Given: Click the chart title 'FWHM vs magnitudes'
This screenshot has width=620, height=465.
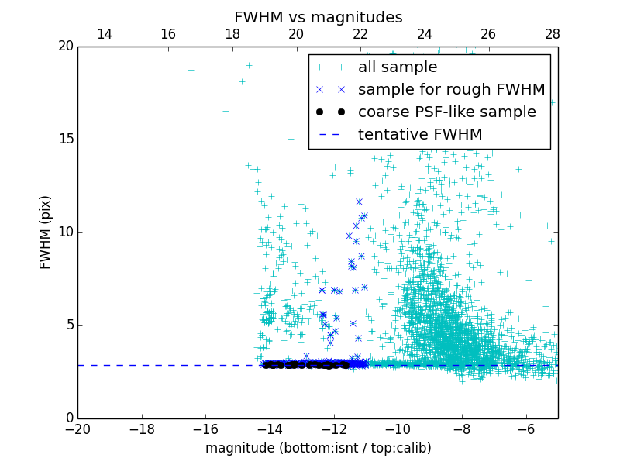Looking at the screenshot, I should click(318, 17).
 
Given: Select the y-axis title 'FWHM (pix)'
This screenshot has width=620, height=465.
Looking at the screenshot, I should click(46, 232).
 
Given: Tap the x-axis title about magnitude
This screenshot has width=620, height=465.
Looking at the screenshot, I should click(318, 448).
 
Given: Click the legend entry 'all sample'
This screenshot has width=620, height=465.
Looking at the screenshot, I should click(397, 67).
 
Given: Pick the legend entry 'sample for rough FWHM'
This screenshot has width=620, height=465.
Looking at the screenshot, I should click(451, 90).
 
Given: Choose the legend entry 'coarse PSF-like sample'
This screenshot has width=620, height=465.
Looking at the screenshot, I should click(446, 112).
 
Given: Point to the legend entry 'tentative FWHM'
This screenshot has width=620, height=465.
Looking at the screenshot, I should click(420, 135).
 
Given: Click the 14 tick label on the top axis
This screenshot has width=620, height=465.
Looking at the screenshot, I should click(104, 34).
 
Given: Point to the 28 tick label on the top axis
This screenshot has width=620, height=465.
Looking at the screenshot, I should click(552, 34).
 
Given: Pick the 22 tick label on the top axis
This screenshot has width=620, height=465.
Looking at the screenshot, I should click(360, 34).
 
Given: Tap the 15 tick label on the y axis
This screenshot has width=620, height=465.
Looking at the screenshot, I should click(64, 139).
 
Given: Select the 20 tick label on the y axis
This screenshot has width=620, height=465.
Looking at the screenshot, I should click(64, 46).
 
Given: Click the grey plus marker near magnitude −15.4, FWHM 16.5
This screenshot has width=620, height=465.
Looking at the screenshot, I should click(226, 111).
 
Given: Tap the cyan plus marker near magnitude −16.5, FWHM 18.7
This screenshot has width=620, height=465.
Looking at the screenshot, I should click(191, 70).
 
